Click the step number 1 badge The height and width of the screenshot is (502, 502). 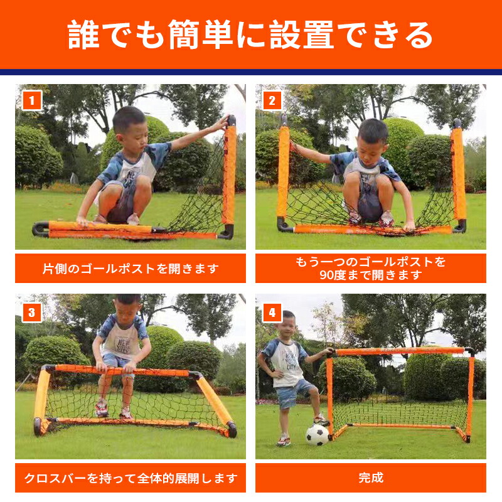32,100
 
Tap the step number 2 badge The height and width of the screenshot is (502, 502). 272,100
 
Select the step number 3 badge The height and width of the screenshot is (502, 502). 32,312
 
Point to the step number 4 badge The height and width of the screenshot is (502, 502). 272,312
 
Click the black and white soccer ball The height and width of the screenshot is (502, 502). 317,435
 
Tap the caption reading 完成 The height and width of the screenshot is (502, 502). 371,478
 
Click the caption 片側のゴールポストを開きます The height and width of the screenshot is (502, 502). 131,269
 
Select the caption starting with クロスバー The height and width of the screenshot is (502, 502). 131,478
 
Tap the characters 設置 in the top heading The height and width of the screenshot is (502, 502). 302,35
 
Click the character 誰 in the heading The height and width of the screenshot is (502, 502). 83,35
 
